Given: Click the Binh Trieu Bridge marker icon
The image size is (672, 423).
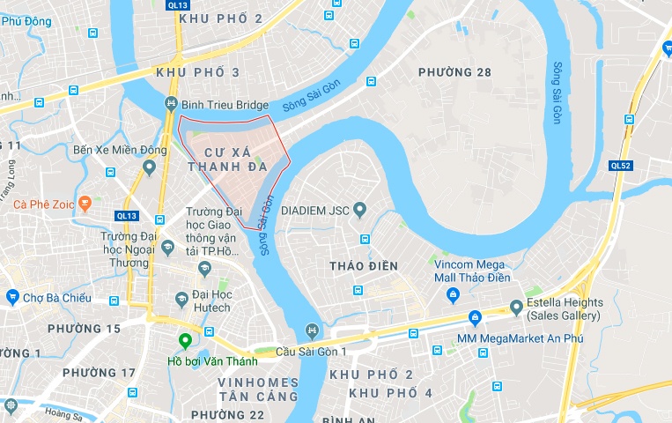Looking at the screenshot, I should point(171,105).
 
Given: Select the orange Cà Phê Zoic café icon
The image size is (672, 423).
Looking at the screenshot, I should point(85,204).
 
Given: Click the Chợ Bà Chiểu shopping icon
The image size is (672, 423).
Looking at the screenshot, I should point(12,297).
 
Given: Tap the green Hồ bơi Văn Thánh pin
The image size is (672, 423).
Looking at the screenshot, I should point(185,342).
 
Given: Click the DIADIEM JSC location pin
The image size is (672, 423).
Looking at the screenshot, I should point(359,210).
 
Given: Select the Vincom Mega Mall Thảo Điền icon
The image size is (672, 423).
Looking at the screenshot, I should point(453,295).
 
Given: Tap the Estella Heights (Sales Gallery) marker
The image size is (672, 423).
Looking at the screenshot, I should point(516,308).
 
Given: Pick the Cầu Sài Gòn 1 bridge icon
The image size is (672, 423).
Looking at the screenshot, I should point(311,331).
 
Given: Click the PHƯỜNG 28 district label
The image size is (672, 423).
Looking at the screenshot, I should point(454,72).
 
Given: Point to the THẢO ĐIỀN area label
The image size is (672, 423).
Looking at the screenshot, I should point(363,266).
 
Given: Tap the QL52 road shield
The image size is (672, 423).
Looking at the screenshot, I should point(620,165).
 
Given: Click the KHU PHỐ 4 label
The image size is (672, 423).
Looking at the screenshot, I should point(390,392).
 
